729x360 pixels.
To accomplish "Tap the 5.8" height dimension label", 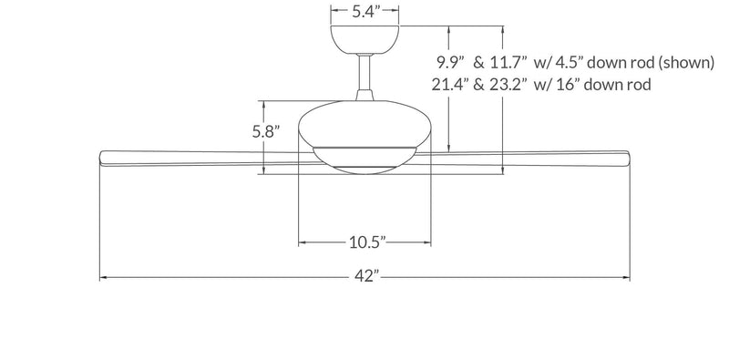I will tap(265, 131).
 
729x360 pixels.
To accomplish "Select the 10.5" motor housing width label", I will tap(366, 242).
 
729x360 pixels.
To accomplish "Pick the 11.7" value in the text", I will tap(508, 63).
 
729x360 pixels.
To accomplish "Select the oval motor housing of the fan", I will tap(364, 123).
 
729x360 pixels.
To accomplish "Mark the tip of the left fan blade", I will tap(101, 157).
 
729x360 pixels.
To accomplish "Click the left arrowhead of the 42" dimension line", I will tap(102, 277).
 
